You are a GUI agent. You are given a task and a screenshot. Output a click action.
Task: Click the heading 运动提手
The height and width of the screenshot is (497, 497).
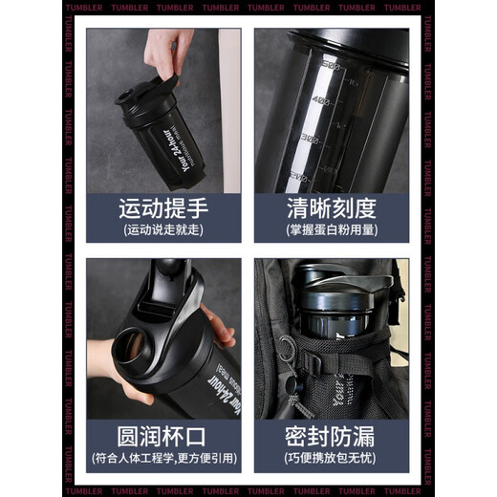(162, 208)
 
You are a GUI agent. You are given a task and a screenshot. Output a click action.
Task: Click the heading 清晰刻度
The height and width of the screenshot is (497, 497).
(331, 208)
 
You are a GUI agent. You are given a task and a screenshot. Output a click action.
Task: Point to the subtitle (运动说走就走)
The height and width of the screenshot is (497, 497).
(162, 230)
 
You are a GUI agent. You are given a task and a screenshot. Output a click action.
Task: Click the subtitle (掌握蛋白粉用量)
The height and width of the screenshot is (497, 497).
(331, 230)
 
